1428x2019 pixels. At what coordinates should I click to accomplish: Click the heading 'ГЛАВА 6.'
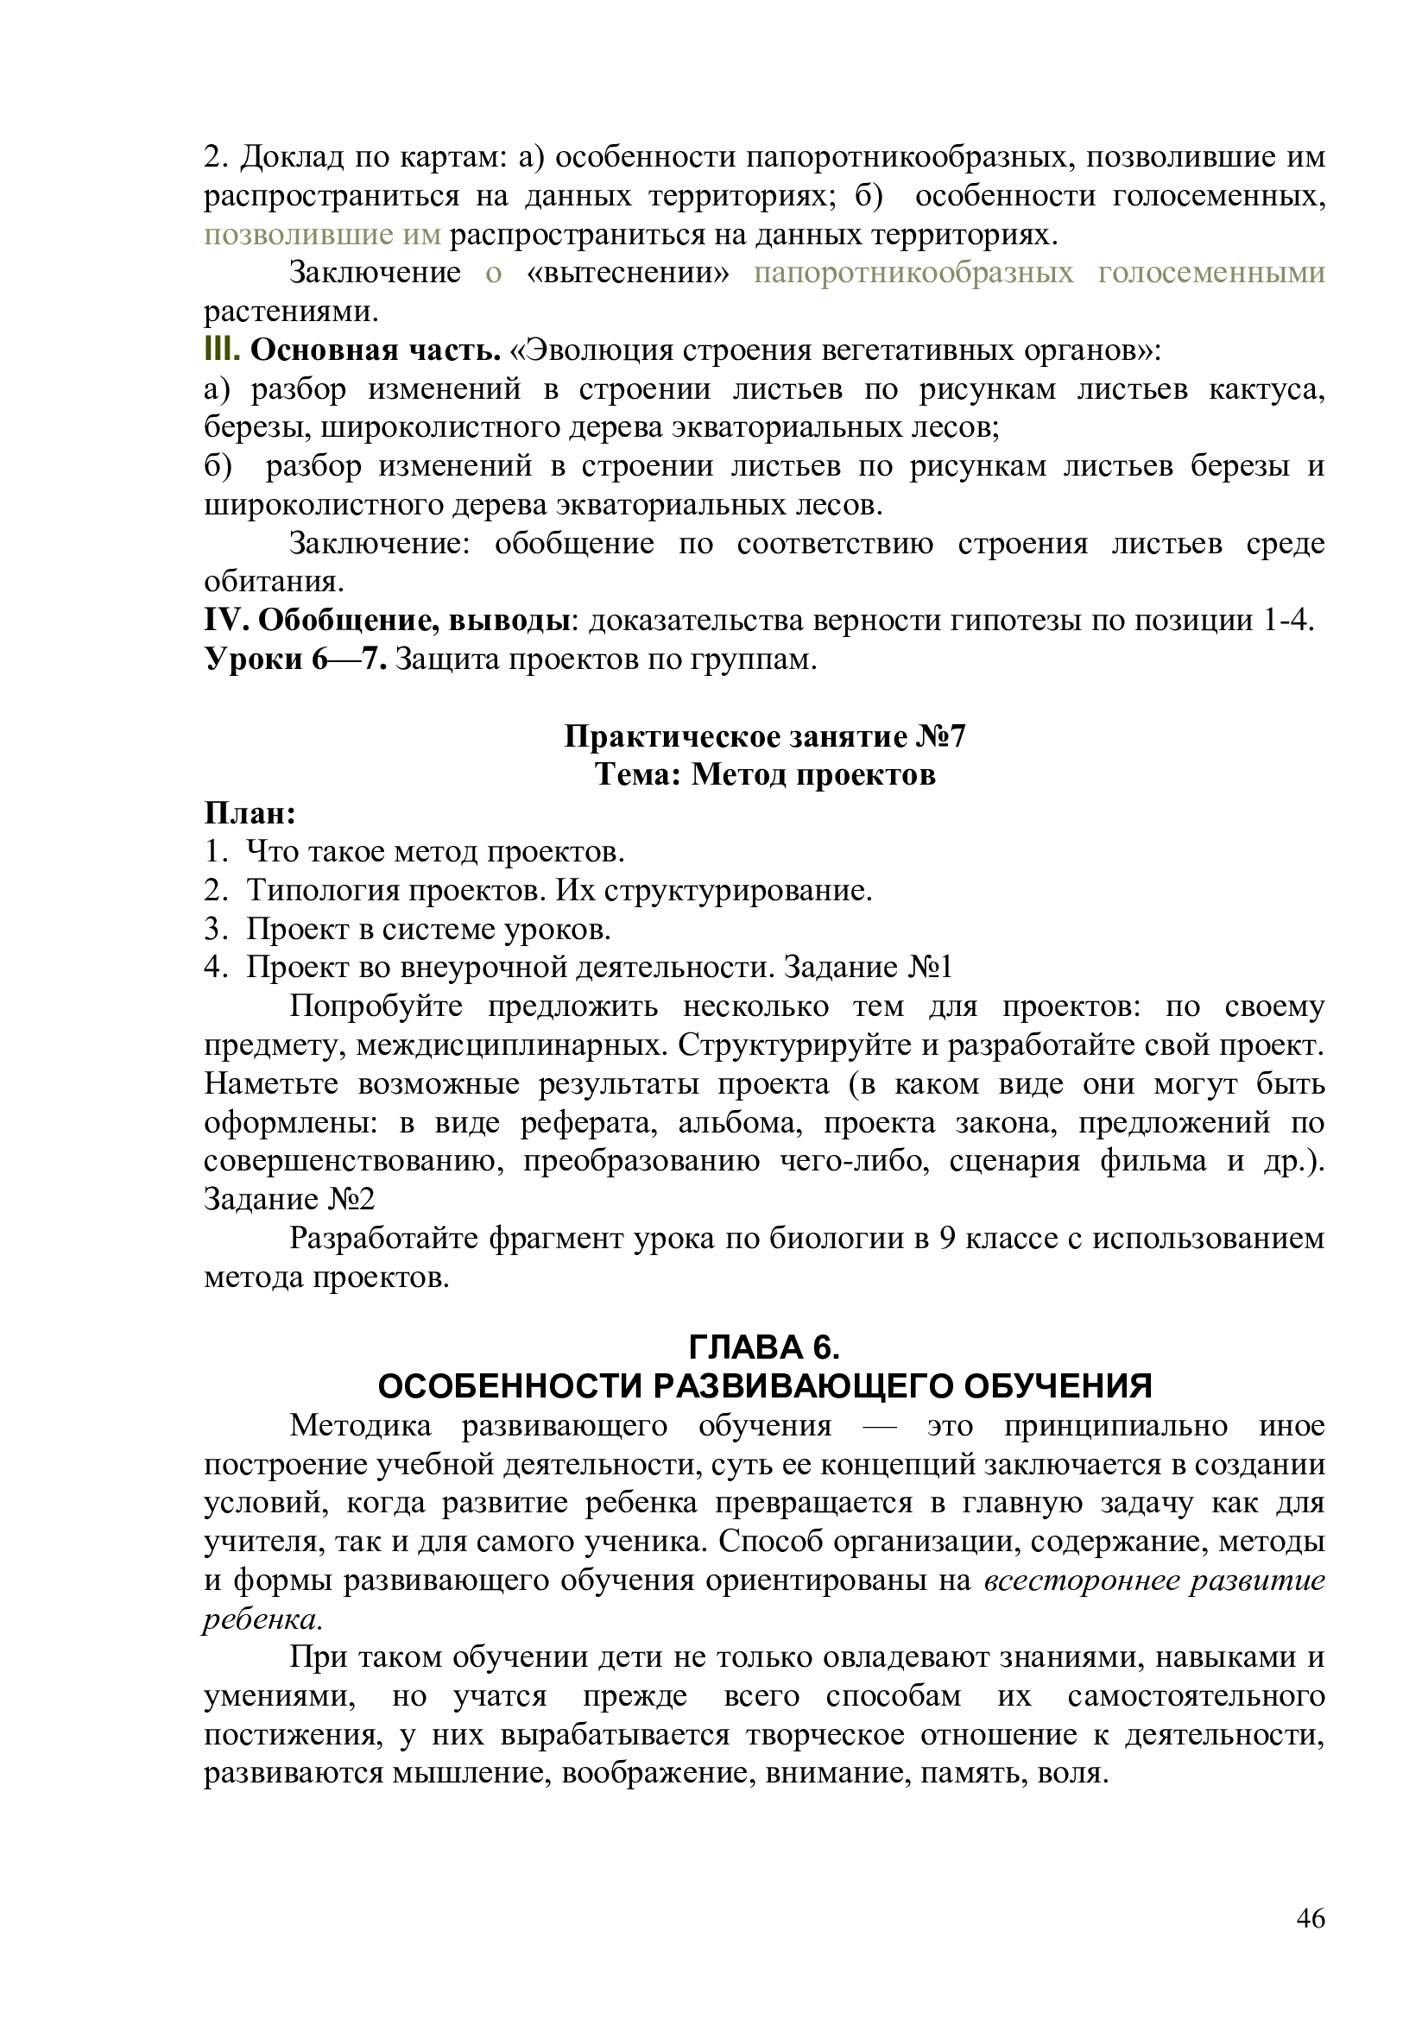(764, 1347)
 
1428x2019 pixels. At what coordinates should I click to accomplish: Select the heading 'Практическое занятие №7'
(764, 736)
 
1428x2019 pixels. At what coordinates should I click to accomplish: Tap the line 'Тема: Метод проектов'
(764, 774)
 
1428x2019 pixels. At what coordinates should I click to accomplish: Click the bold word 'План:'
(250, 813)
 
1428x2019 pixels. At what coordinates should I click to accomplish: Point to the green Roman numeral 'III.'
(222, 350)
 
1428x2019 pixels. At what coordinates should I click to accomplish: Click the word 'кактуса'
(1267, 388)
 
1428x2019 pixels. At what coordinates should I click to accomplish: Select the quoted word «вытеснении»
(628, 273)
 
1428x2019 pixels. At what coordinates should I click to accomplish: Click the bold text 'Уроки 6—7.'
(295, 659)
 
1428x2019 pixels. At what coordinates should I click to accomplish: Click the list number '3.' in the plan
(217, 929)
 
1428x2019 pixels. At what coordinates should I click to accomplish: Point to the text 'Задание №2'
(289, 1199)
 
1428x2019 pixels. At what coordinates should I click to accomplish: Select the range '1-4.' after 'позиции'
(1288, 620)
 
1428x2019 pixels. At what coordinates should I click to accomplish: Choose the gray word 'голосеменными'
(1210, 273)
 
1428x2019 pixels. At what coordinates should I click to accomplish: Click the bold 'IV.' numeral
(226, 620)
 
